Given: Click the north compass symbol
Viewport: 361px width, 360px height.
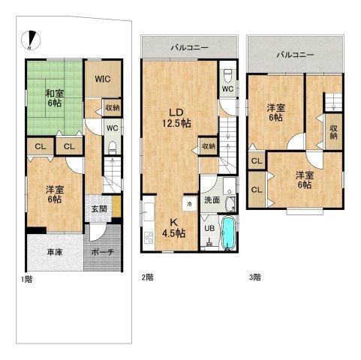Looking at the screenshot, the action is click(x=31, y=40).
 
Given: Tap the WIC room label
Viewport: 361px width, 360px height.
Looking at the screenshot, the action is click(x=103, y=79).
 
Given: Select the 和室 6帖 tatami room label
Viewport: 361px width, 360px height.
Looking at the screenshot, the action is click(x=55, y=98).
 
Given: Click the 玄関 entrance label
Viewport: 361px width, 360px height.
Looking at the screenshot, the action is click(x=99, y=208).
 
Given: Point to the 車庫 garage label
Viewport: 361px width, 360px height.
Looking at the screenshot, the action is click(x=55, y=253).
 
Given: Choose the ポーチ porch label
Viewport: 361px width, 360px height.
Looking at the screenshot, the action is click(x=103, y=252).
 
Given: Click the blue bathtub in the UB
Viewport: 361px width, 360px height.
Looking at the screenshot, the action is click(x=228, y=232).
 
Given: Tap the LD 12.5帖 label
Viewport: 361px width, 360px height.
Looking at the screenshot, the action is click(x=177, y=118).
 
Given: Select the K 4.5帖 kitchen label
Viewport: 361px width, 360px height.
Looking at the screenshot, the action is click(x=173, y=228).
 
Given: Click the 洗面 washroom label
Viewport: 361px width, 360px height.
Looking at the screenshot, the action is click(x=212, y=200).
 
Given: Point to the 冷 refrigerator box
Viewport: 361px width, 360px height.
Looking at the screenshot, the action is click(x=190, y=204).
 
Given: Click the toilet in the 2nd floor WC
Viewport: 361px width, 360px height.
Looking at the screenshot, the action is click(x=228, y=76).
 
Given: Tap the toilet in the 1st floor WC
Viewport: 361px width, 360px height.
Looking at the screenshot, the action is click(x=113, y=148).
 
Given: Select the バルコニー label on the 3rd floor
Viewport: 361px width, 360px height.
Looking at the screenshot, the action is click(x=295, y=55).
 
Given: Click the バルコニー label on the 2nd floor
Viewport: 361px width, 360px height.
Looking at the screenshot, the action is click(x=190, y=47).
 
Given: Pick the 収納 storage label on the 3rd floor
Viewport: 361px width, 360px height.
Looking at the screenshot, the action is click(x=334, y=132).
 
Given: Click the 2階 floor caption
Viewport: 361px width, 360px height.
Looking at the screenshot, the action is click(x=147, y=277).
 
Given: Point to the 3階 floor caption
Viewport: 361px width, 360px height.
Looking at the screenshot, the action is click(x=254, y=277).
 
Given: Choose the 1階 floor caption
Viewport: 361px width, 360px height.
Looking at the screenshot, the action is click(x=26, y=279).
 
